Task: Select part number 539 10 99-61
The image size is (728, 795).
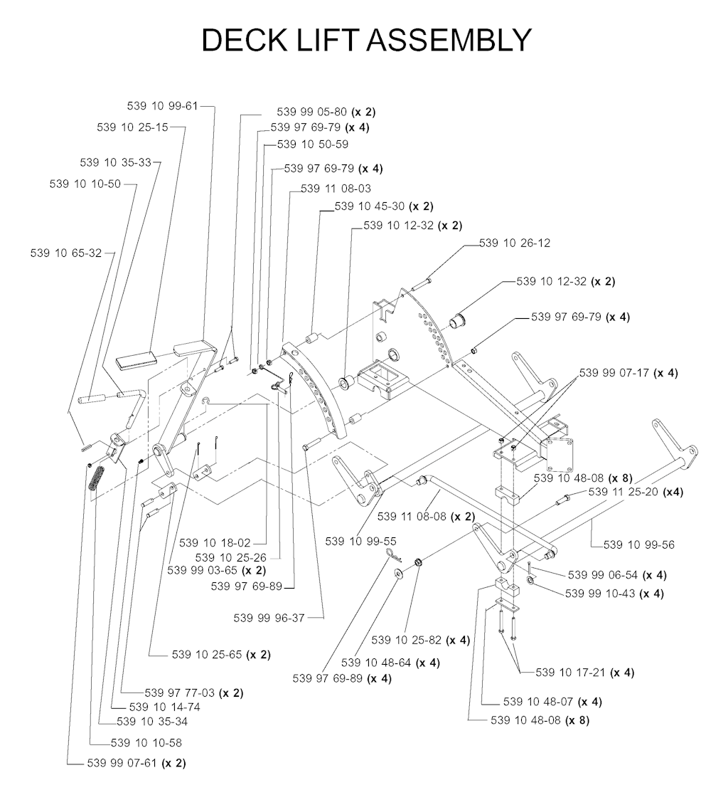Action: click(162, 106)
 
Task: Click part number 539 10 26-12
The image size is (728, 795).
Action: click(515, 243)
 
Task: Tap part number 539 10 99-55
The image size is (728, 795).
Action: click(360, 541)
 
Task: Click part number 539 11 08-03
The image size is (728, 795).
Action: click(336, 189)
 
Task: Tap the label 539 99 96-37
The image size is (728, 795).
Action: click(269, 618)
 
